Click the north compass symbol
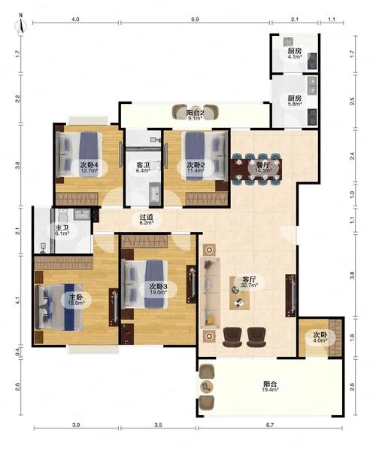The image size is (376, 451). point(21,24)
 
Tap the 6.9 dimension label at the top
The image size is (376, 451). point(195,20)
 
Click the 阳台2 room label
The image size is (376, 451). point(195,113)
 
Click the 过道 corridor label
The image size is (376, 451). point(146,217)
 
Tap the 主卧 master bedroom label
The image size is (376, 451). point(76,297)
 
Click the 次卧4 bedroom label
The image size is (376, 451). point(89,165)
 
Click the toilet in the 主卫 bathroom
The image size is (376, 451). point(62,215)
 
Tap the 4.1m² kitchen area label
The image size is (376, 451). point(295,57)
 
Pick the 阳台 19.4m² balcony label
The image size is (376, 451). point(270,386)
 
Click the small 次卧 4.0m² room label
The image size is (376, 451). point(320,337)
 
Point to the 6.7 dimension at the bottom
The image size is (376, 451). point(270,425)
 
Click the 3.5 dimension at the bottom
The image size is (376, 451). point(158,425)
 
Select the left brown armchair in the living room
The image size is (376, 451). point(232,337)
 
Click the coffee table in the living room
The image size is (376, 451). point(239,293)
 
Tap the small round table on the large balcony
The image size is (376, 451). point(206,386)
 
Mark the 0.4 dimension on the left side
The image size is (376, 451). point(18,352)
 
